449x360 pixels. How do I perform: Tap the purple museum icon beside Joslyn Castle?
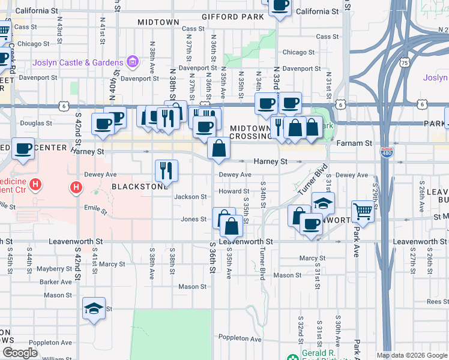pos(132,62)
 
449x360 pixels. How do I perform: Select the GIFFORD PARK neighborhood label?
pos(233,17)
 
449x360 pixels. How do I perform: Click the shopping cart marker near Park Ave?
pos(363,211)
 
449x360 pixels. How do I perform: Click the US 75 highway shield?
pos(405,62)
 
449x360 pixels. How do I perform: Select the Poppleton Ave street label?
pos(240,338)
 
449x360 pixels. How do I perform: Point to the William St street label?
pos(57,359)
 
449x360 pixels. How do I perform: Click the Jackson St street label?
pos(190,197)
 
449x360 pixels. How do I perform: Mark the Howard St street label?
pos(229,191)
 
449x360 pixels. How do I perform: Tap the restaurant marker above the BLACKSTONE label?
pos(166,170)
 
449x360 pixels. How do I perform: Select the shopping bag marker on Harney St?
pos(219,148)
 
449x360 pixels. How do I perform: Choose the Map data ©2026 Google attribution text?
pos(412,355)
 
